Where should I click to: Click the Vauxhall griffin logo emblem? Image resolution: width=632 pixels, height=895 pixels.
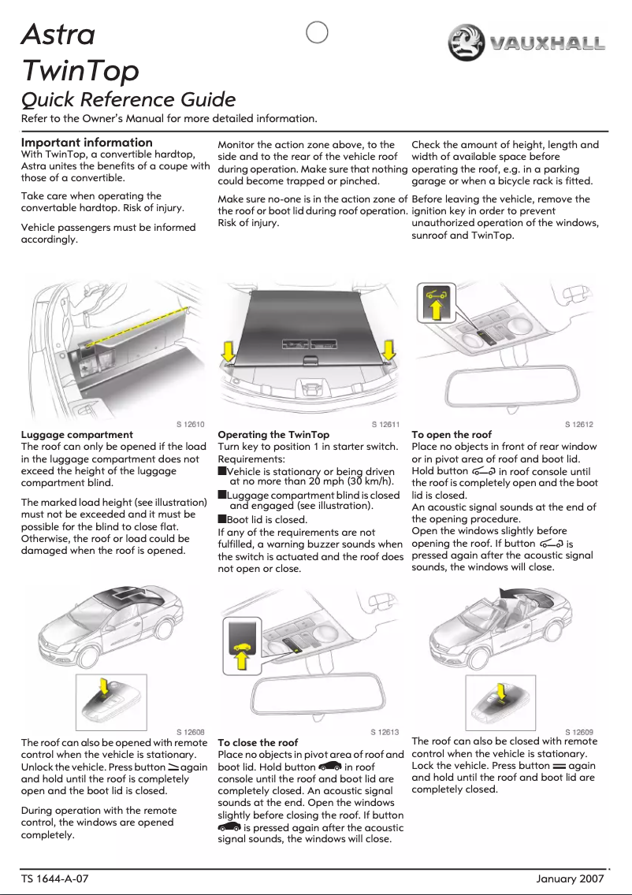[466, 43]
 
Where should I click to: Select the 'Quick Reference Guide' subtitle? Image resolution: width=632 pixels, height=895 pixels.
[128, 100]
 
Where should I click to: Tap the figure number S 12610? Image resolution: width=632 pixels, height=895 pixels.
[190, 425]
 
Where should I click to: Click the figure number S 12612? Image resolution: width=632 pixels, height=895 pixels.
[580, 425]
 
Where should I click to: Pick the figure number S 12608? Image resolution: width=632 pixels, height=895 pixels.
[190, 732]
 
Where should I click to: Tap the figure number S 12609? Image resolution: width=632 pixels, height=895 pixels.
[580, 732]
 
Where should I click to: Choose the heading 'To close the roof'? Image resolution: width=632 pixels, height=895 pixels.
[258, 743]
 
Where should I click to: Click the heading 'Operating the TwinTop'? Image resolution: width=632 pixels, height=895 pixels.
[273, 435]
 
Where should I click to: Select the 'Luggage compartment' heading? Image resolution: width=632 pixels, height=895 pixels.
[76, 435]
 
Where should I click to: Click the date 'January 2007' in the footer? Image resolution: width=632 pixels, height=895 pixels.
[569, 878]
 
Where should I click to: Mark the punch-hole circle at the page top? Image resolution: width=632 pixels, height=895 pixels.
[316, 34]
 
